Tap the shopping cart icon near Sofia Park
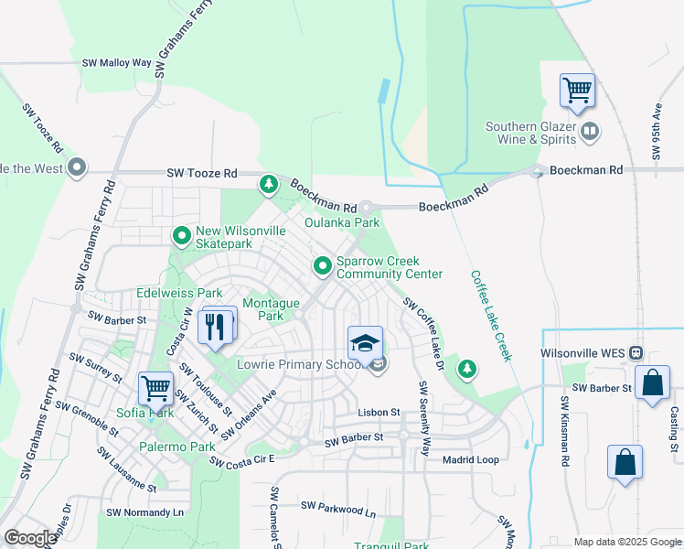[x=155, y=388]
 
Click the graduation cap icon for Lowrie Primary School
[x=365, y=343]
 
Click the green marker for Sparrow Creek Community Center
[x=322, y=266]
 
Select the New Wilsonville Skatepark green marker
[x=181, y=237]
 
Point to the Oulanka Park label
[x=341, y=222]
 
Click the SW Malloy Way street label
[x=116, y=63]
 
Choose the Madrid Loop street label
[x=471, y=460]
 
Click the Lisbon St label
[x=379, y=413]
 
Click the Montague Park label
[x=270, y=309]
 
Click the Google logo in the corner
[x=30, y=538]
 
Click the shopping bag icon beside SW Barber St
[x=653, y=383]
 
